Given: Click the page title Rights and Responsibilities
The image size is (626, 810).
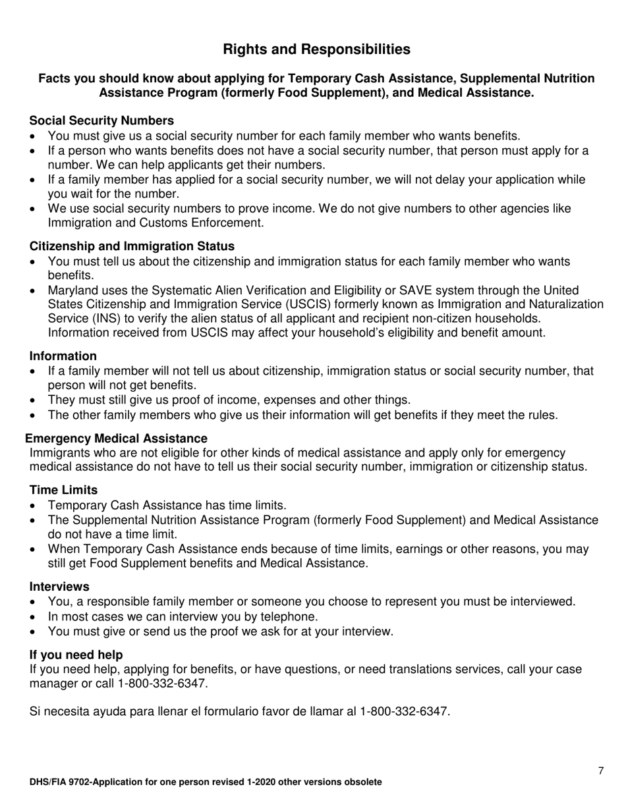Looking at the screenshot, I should [316, 49].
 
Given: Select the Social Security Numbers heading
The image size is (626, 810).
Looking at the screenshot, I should [101, 121].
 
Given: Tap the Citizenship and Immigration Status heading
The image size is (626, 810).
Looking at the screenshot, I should [132, 246].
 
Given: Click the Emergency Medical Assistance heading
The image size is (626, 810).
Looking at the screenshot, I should [116, 439].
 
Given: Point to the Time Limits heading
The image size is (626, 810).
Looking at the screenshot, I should [63, 490].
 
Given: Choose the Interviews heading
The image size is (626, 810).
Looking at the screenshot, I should [59, 586].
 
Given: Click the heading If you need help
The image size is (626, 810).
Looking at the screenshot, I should [76, 655].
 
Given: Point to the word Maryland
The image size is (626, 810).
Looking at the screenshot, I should [75, 290].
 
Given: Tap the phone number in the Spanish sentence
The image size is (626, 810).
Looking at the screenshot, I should [404, 712].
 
